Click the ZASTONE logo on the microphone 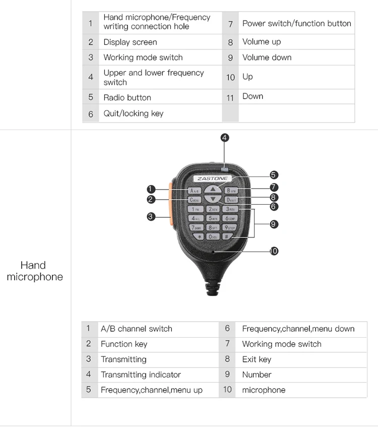pyautogui.click(x=213, y=178)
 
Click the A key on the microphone pyautogui.click(x=195, y=191)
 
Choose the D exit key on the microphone pyautogui.click(x=231, y=200)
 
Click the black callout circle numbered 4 pyautogui.click(x=225, y=137)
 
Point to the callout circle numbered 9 pyautogui.click(x=274, y=224)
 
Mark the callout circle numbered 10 pyautogui.click(x=274, y=251)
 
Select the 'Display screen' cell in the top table pyautogui.click(x=130, y=42)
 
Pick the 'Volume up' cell pyautogui.click(x=262, y=42)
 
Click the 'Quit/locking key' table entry pyautogui.click(x=134, y=113)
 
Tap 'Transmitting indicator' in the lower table pyautogui.click(x=141, y=374)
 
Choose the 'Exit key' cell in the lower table pyautogui.click(x=257, y=359)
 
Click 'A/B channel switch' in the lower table pyautogui.click(x=137, y=329)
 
